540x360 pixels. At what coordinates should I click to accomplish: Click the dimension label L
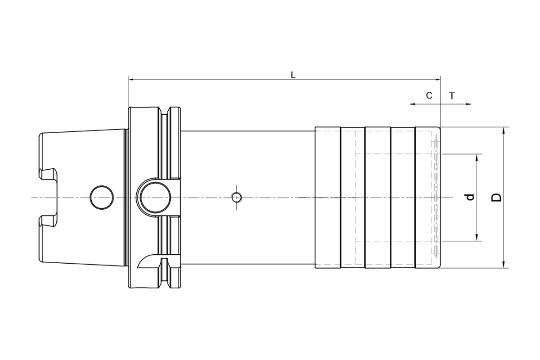[x=293, y=75]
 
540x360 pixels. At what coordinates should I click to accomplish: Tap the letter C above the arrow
[x=429, y=95]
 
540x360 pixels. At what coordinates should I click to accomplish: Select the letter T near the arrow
[x=452, y=96]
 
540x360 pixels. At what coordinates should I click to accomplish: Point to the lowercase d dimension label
[x=470, y=197]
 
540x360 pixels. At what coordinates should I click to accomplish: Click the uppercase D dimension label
[x=497, y=198]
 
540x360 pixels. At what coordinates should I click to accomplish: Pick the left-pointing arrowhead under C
[x=413, y=104]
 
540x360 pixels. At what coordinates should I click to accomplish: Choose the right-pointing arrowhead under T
[x=468, y=104]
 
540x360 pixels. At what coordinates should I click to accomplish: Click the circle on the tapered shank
[x=102, y=198]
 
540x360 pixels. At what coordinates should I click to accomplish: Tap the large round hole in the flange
[x=156, y=198]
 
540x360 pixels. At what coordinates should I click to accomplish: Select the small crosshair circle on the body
[x=237, y=198]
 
